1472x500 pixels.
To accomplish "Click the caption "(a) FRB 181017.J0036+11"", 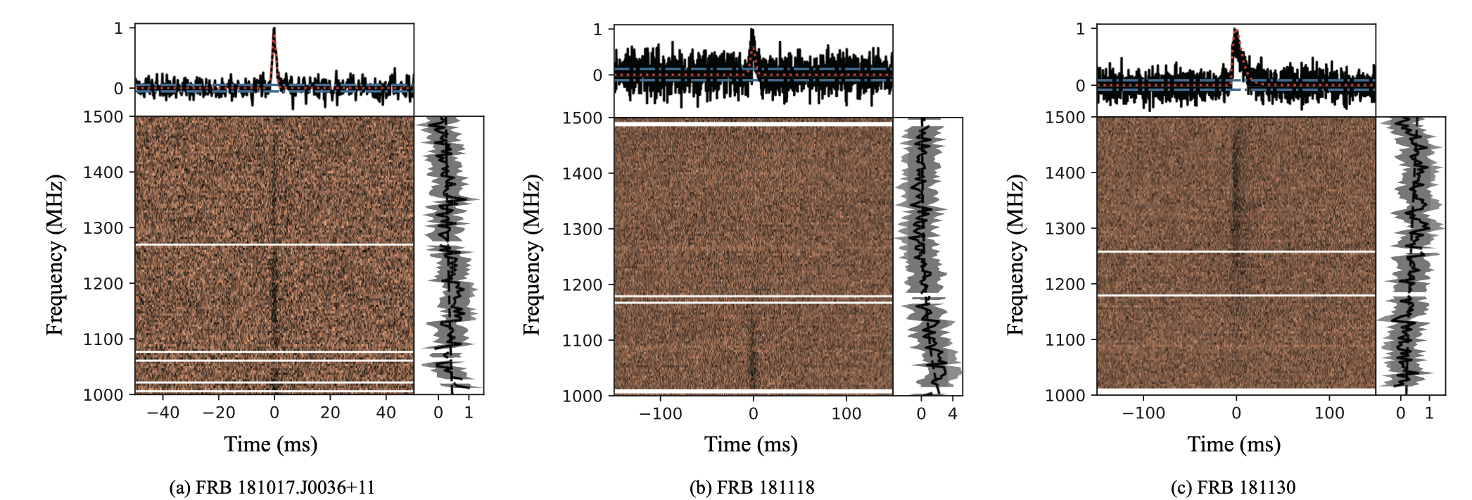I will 272,487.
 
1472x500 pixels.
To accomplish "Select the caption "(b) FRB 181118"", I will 751,487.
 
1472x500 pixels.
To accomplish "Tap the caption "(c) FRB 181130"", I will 1233,487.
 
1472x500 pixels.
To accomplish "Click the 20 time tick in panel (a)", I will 330,413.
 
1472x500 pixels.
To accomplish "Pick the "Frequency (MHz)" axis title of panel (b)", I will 532,256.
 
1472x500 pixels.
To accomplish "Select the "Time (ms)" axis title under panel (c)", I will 1233,444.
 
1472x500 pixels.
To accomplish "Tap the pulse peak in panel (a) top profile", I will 274,30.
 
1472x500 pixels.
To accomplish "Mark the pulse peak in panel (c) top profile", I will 1234,30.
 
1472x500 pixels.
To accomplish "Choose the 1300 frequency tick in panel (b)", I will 583,230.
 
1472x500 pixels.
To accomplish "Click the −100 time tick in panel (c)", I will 1143,413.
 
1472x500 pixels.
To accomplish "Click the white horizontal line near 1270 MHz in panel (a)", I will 274,245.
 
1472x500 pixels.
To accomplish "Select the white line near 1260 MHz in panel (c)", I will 1236,251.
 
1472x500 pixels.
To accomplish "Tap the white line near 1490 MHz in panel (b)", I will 753,124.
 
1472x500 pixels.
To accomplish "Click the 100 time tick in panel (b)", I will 846,414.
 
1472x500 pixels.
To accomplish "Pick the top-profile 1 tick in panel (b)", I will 598,30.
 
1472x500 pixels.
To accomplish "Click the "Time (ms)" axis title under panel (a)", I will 271,444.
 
